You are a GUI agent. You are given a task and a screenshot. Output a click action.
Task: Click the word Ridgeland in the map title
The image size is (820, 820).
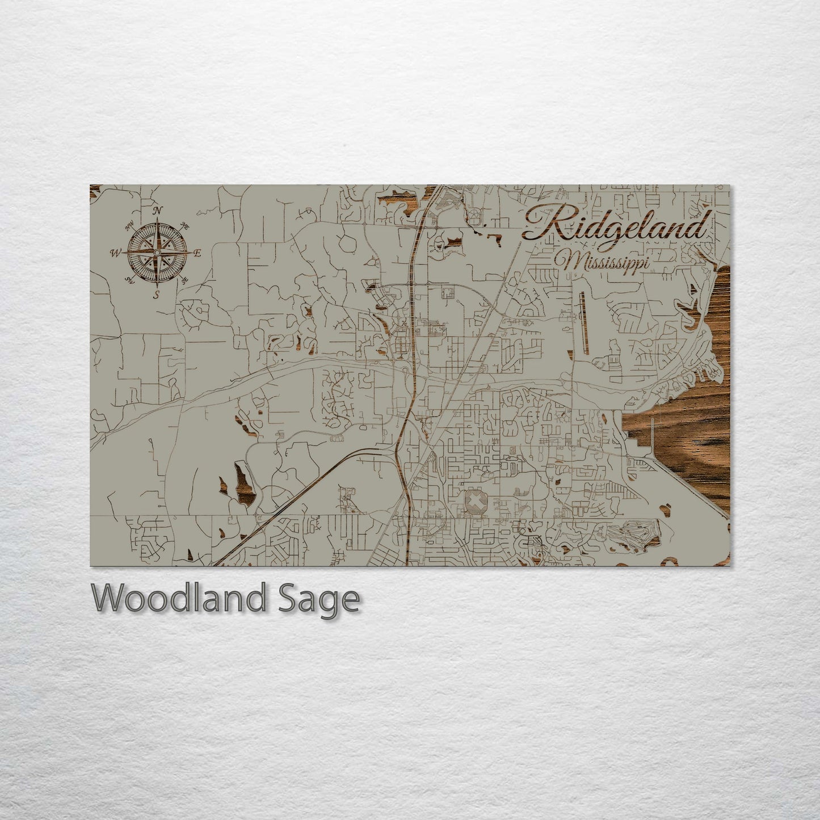pyautogui.click(x=616, y=225)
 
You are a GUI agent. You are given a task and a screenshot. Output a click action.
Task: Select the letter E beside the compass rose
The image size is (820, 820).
pyautogui.click(x=197, y=254)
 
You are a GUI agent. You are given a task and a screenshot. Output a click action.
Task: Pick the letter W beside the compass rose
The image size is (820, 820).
pyautogui.click(x=116, y=254)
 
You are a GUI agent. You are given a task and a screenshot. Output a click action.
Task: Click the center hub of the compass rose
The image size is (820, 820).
pyautogui.click(x=157, y=252)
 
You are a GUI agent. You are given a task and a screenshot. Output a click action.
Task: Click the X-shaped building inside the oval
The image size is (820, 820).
pyautogui.click(x=474, y=502)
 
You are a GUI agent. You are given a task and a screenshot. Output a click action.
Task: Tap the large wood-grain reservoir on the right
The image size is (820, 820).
pyautogui.click(x=687, y=448)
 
